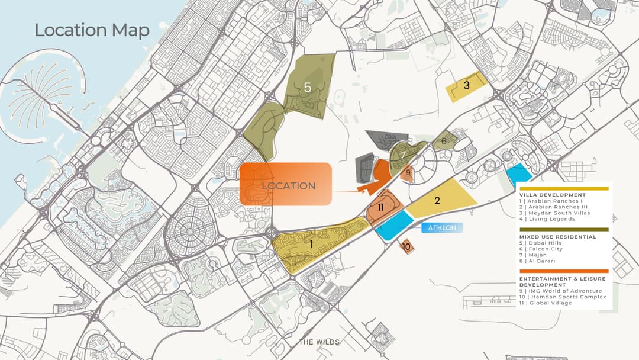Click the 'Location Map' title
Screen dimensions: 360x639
coord(92,30)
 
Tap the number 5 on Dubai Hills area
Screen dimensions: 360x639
coord(308,88)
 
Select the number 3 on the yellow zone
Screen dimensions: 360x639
coord(466,85)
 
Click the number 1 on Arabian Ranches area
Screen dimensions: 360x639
coord(311,243)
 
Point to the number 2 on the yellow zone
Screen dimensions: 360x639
coord(437,200)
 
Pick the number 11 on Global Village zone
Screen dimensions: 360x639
coord(380,207)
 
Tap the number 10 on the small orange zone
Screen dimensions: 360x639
coord(406,246)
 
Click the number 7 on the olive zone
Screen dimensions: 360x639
coord(403,155)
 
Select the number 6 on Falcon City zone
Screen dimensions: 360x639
coord(444,141)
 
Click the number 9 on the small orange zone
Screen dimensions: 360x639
coord(408,173)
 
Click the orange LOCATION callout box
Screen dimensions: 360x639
coord(285,185)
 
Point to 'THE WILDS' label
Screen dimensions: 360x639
coord(319,342)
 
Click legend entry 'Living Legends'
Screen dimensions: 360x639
coord(550,219)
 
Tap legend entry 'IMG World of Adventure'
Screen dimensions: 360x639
coord(560,291)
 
